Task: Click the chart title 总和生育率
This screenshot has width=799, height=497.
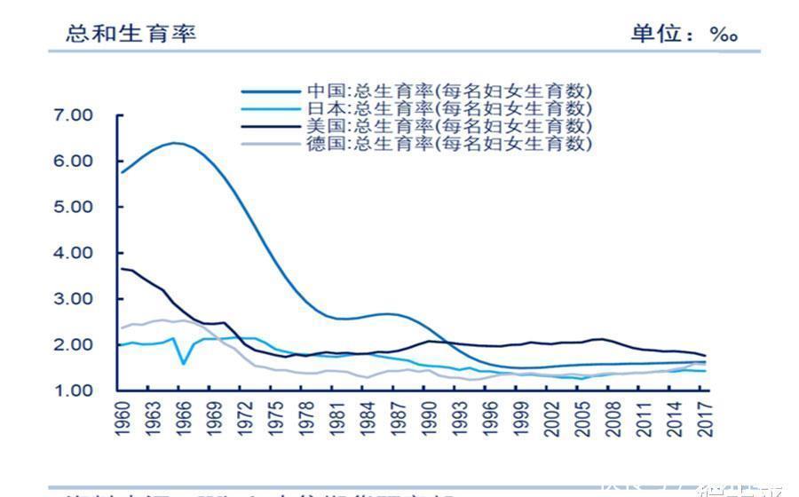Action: tap(131, 34)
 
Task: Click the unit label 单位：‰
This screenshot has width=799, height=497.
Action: tap(684, 34)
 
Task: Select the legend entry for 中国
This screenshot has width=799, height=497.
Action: tap(449, 91)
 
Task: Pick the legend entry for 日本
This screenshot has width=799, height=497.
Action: tap(449, 108)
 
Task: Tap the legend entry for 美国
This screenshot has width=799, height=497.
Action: tap(449, 125)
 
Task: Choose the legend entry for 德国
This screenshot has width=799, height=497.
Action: tap(449, 143)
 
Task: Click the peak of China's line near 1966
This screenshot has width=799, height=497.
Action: tap(178, 143)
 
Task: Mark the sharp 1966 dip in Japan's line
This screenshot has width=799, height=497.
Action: tap(183, 363)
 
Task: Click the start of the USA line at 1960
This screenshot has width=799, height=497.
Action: tap(123, 268)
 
